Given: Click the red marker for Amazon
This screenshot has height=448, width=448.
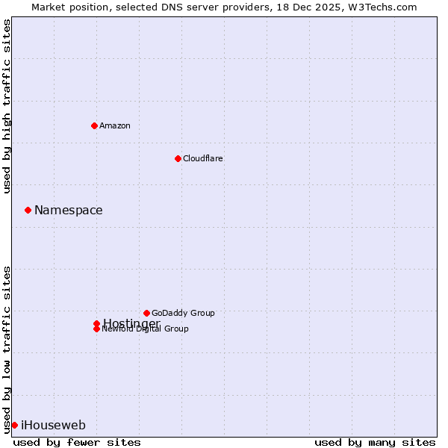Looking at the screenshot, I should pyautogui.click(x=94, y=125).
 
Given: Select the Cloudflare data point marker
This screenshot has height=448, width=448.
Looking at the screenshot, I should pyautogui.click(x=178, y=158).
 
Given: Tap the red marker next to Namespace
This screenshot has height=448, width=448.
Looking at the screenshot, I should pyautogui.click(x=28, y=210).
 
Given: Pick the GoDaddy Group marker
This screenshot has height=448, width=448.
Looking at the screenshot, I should pyautogui.click(x=146, y=313).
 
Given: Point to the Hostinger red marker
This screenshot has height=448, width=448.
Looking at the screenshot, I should pyautogui.click(x=96, y=323).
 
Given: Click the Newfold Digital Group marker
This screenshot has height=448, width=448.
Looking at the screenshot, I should pyautogui.click(x=96, y=329).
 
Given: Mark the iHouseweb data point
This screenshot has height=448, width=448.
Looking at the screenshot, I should pyautogui.click(x=14, y=425).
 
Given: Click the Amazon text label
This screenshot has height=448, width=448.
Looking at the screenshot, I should pyautogui.click(x=114, y=125).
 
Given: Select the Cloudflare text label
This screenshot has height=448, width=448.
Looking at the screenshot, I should pyautogui.click(x=202, y=158).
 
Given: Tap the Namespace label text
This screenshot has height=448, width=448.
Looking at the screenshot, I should pyautogui.click(x=68, y=211).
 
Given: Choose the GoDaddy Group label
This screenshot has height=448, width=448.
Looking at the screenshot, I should pyautogui.click(x=182, y=313).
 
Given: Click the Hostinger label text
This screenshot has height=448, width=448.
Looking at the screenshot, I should pyautogui.click(x=131, y=323).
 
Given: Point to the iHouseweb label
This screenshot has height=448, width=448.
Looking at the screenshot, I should pyautogui.click(x=53, y=426).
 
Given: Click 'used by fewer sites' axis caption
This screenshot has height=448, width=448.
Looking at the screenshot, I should pyautogui.click(x=77, y=442).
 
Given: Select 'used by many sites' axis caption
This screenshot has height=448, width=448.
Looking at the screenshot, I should pyautogui.click(x=375, y=442).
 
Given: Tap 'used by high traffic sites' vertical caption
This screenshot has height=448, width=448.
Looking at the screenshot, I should pyautogui.click(x=7, y=106).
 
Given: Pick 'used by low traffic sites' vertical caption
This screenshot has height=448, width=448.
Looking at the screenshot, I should pyautogui.click(x=7, y=349).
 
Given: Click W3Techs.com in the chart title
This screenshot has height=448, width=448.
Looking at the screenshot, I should pyautogui.click(x=380, y=7).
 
